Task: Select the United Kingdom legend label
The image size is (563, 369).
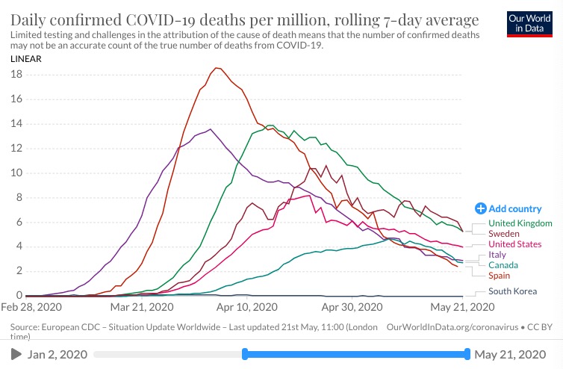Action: click(x=520, y=223)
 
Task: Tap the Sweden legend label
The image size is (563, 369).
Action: click(x=504, y=234)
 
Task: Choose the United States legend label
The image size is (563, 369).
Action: click(x=514, y=244)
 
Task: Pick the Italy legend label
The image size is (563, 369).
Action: click(x=497, y=255)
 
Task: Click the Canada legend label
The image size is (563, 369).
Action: click(x=503, y=265)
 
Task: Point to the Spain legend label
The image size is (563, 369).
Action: click(x=500, y=276)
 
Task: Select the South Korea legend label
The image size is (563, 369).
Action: click(x=512, y=291)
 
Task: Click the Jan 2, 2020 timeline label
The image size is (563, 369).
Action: click(x=57, y=354)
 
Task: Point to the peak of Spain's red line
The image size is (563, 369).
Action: click(x=217, y=68)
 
